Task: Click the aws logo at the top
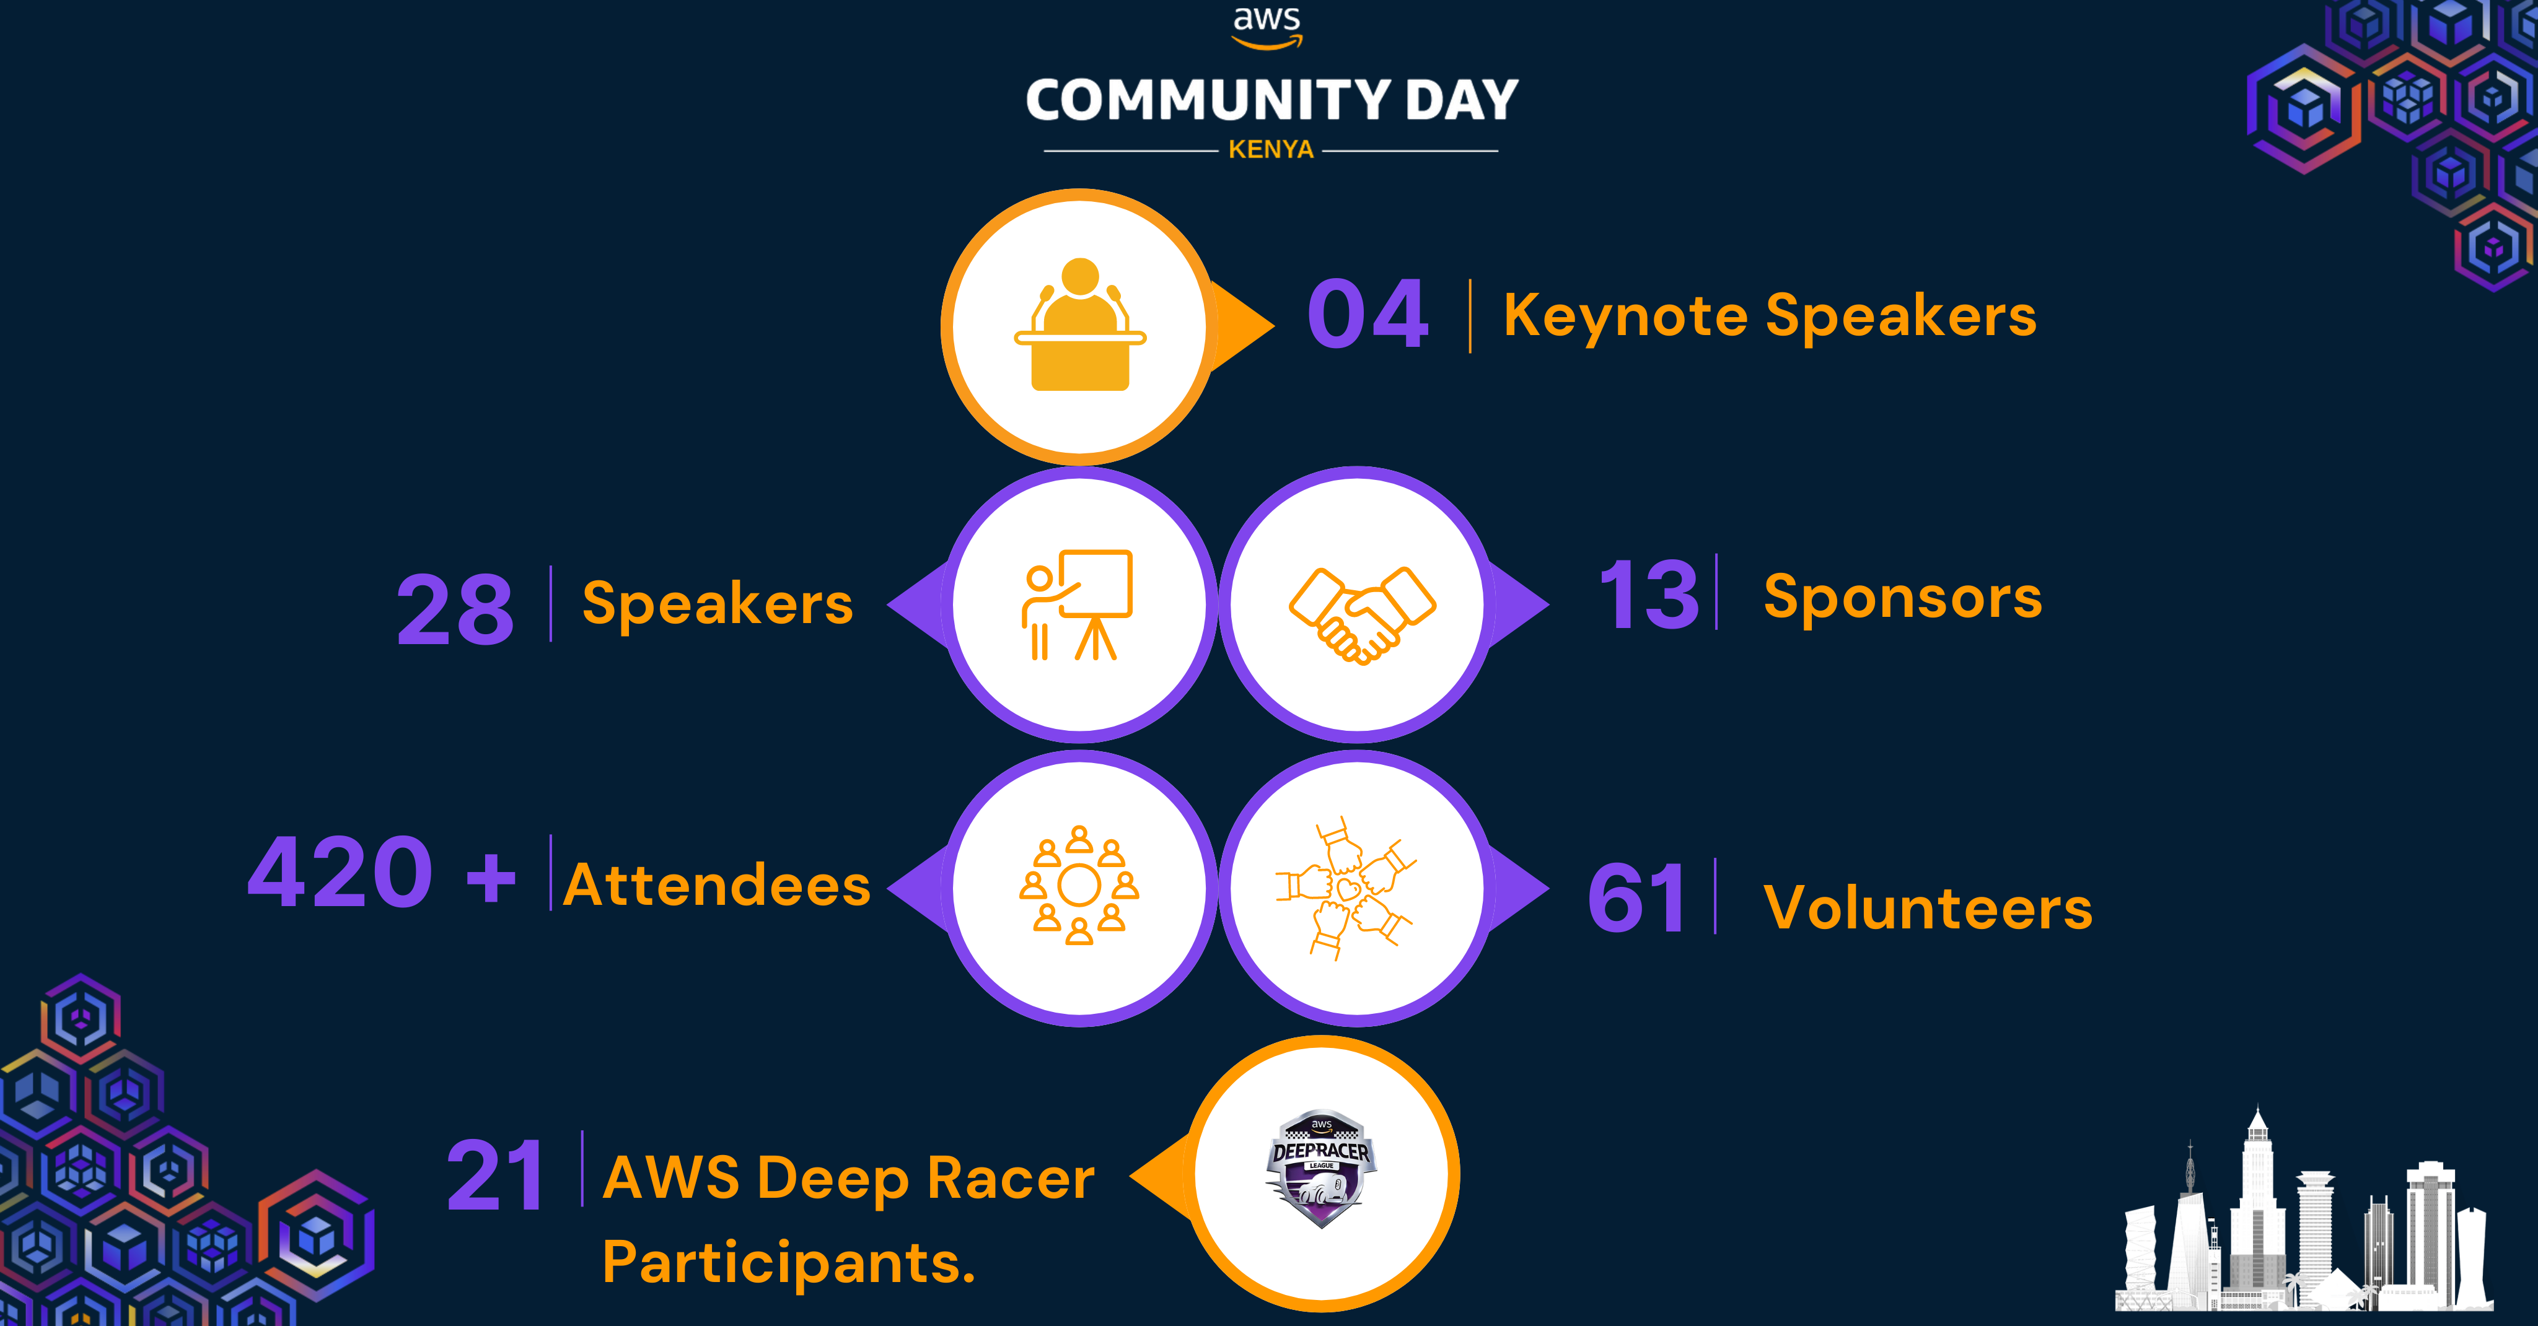(x=1267, y=27)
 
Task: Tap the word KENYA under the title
(x=1270, y=150)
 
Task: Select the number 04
(x=1368, y=315)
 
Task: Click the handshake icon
(x=1361, y=614)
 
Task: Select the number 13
(x=1648, y=596)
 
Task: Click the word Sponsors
(x=1902, y=598)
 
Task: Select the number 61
(x=1636, y=899)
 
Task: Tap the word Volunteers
(x=1927, y=907)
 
